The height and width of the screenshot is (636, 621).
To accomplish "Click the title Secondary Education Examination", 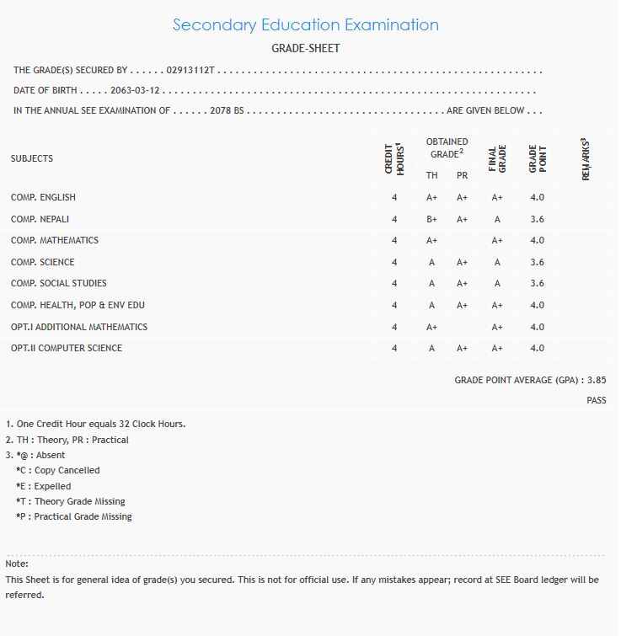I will pos(305,24).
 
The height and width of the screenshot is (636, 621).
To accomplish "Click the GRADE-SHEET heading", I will pos(305,48).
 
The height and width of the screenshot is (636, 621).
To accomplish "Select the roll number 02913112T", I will pos(192,71).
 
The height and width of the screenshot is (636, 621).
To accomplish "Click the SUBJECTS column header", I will pos(32,158).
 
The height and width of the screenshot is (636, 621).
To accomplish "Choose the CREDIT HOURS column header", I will pos(394,158).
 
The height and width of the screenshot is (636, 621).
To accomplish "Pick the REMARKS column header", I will pos(585,158).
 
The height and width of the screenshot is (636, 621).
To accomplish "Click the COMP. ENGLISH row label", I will pos(43,197).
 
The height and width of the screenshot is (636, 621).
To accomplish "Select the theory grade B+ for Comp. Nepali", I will pos(431,219).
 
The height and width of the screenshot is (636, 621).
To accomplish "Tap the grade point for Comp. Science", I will pos(537,262).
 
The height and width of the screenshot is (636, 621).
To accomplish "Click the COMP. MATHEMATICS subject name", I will pos(55,240).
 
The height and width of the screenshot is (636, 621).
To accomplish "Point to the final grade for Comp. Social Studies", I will pos(497,283).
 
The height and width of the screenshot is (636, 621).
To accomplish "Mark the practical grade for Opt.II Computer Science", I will pos(462,348).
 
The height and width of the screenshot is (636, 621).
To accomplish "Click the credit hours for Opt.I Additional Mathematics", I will pos(394,327).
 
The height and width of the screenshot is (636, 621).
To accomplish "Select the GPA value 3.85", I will pos(597,381).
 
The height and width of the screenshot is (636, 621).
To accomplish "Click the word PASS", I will pos(596,400).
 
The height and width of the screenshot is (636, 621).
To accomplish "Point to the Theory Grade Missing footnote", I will pos(70,501).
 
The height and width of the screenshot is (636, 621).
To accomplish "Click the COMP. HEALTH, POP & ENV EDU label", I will pos(78,305).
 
